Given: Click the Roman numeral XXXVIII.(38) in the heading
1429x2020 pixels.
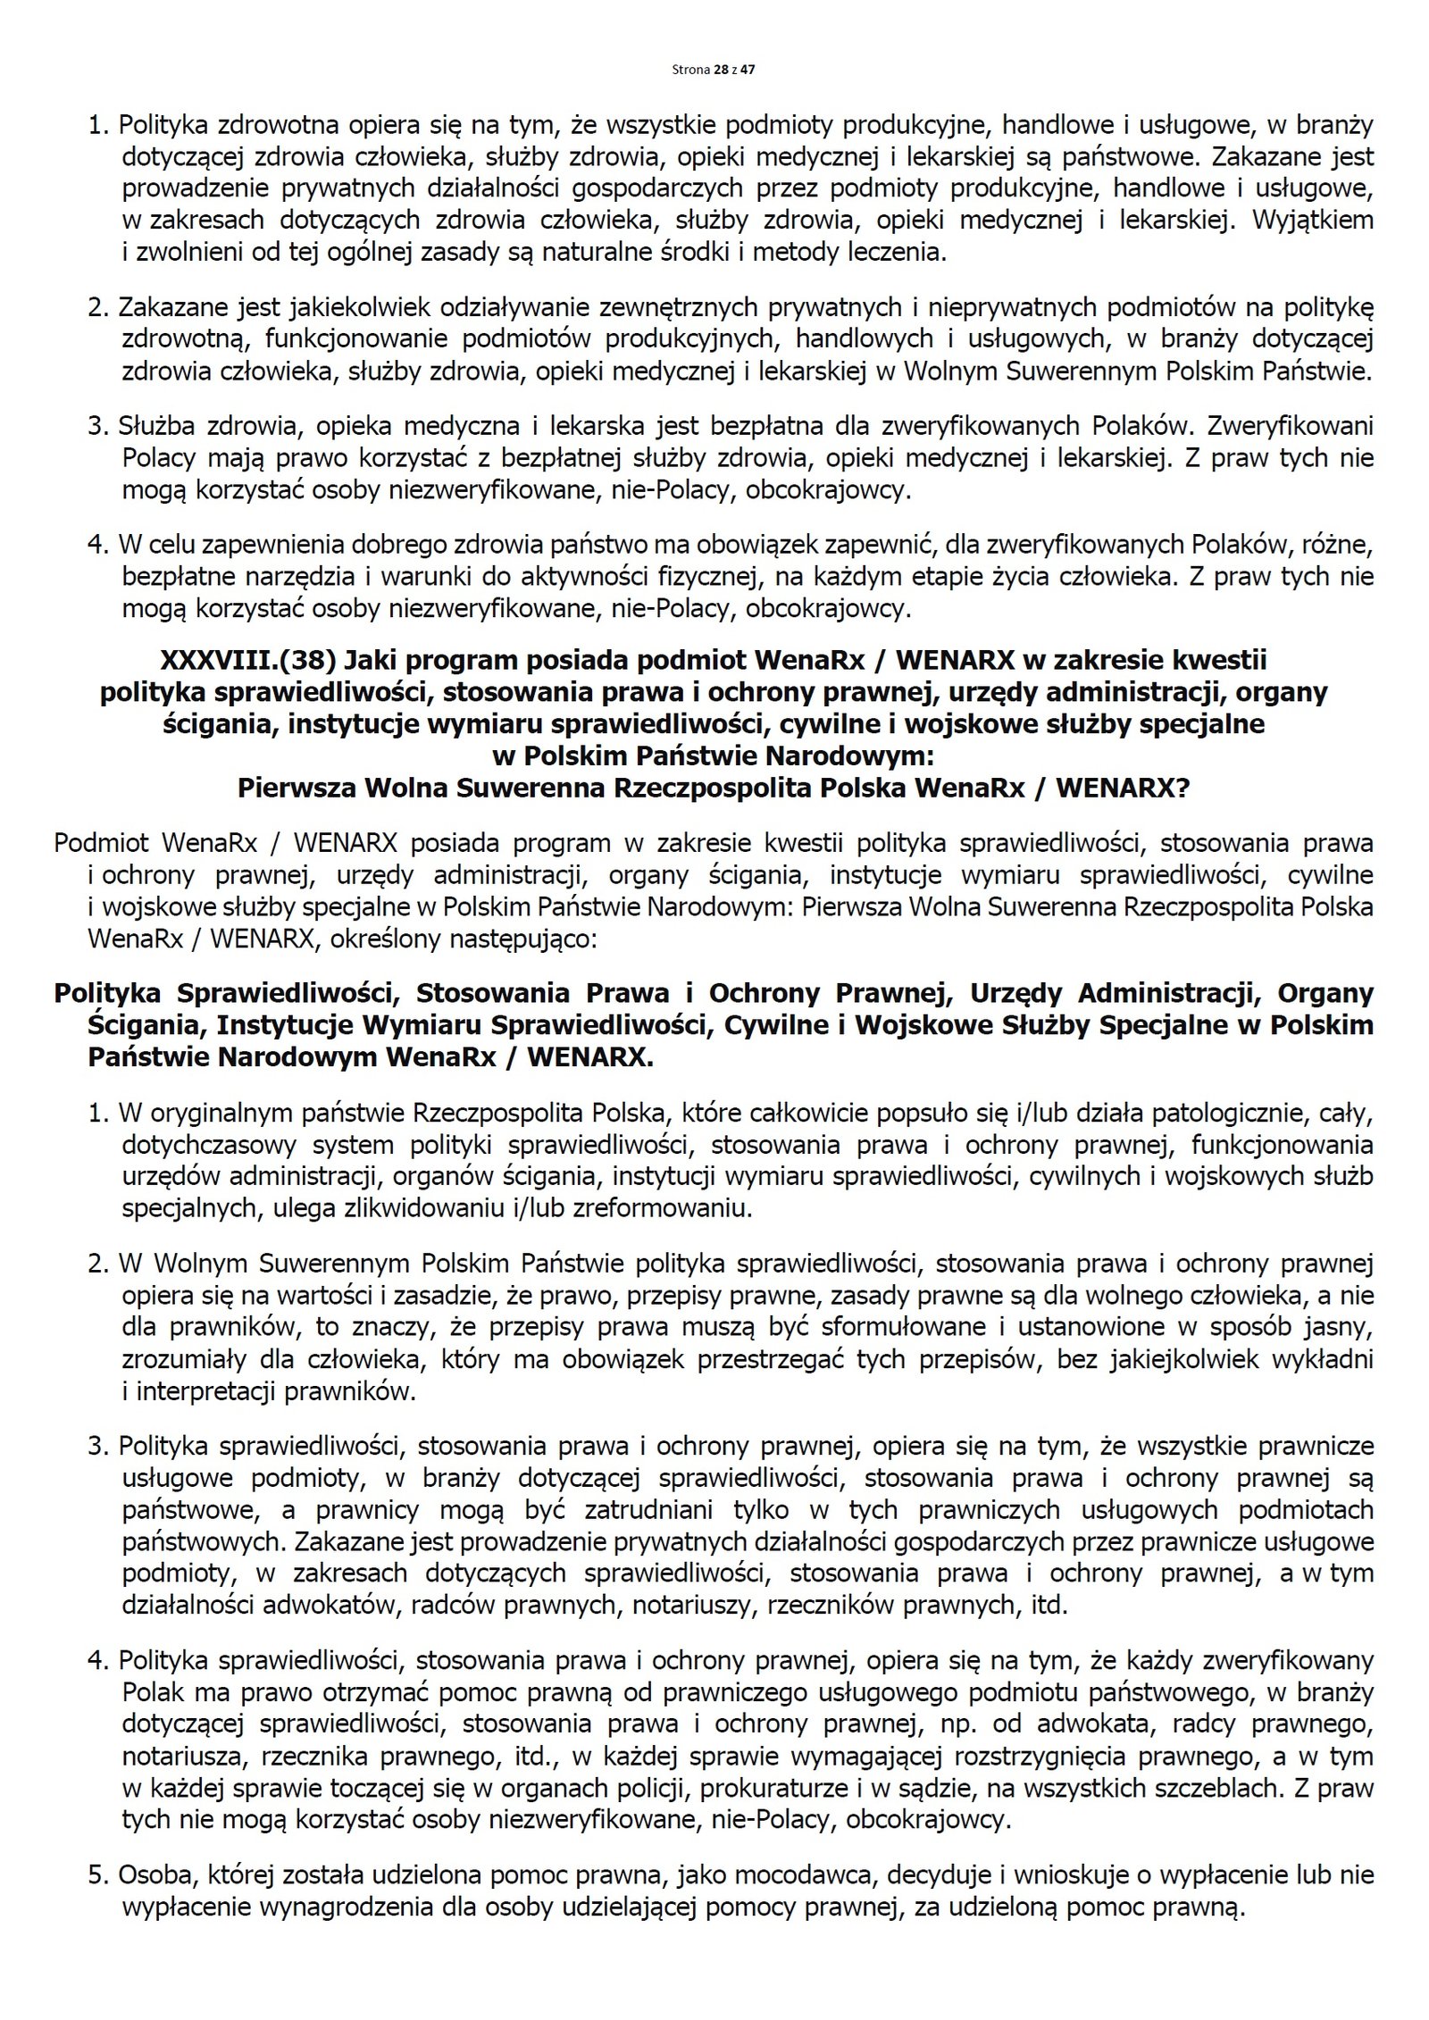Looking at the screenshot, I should [247, 660].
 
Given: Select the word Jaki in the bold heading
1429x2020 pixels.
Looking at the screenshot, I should [378, 660].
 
